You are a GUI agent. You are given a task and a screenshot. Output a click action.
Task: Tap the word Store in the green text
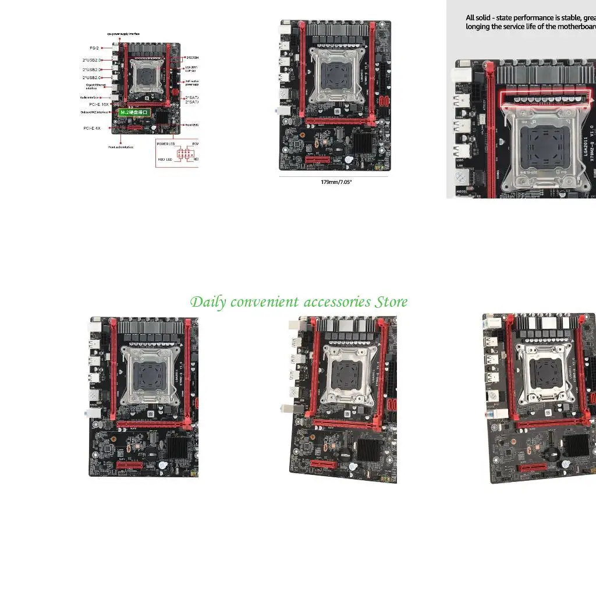coord(391,302)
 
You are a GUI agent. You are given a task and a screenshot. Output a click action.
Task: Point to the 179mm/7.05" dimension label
coord(336,182)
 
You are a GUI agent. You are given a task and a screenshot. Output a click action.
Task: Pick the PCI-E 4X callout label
coord(92,127)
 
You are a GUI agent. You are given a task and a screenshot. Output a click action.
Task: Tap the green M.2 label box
coord(134,111)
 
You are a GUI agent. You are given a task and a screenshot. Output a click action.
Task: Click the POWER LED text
coord(166,143)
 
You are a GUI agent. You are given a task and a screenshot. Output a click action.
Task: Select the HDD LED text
coord(165,159)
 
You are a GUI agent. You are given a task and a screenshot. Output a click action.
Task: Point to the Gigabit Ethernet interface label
coord(95,87)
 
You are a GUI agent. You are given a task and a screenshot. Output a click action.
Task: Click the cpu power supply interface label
coord(123,34)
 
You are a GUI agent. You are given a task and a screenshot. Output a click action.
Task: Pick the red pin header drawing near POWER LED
coord(186,153)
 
